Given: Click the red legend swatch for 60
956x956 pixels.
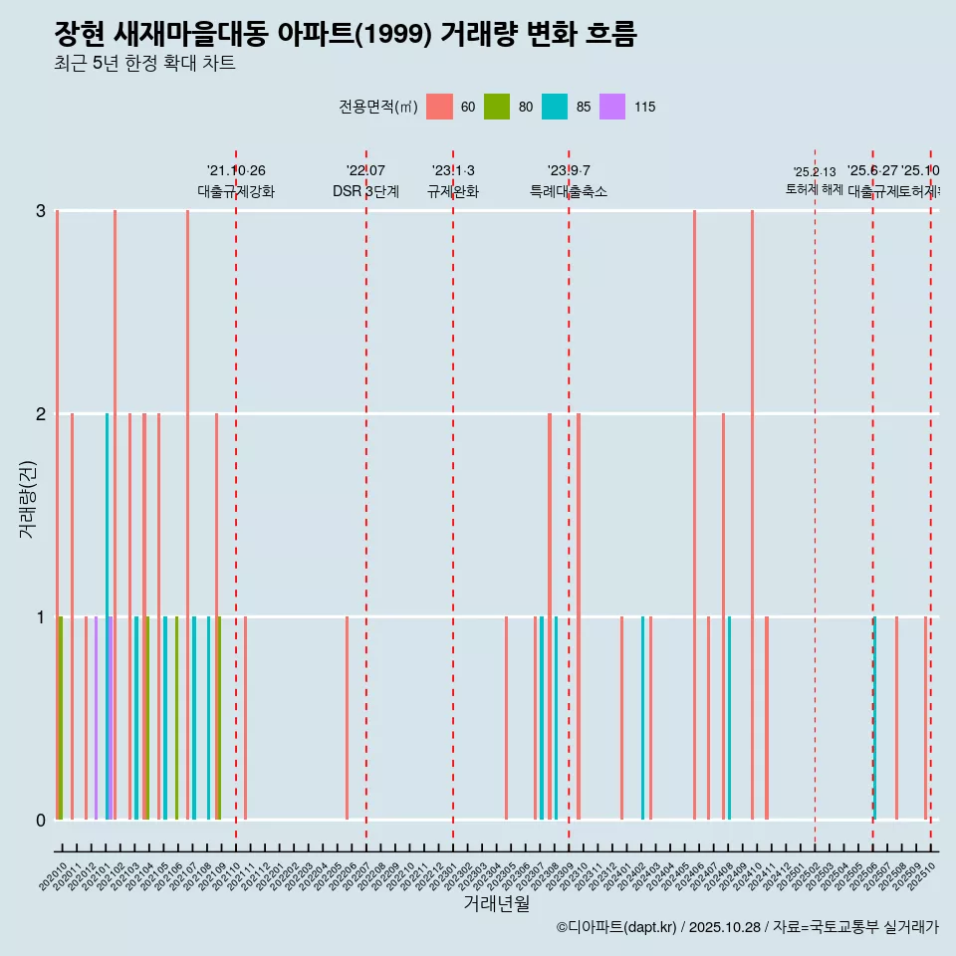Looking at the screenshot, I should pos(439,107).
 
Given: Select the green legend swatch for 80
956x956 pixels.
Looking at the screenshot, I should pos(497,107).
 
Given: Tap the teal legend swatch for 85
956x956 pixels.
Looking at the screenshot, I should pos(555,107).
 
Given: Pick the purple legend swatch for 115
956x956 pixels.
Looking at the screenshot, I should pos(612,107).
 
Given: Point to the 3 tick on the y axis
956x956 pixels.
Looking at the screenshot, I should pos(41,211).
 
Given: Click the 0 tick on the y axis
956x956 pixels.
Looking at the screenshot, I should pos(41,821).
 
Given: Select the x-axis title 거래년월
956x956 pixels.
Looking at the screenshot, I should pos(496,903).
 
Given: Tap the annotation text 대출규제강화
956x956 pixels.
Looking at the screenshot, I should pos(236,191).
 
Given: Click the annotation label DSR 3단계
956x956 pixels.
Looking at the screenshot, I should pos(365,191).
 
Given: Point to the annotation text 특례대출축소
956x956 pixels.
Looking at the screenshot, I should pos(569,191).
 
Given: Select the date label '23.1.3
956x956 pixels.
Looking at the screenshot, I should pos(453,171).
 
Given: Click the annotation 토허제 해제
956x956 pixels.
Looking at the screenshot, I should pos(815,188).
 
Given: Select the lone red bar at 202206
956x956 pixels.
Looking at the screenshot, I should pos(347,717).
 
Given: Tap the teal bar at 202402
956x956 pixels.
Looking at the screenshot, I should pos(642,717).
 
